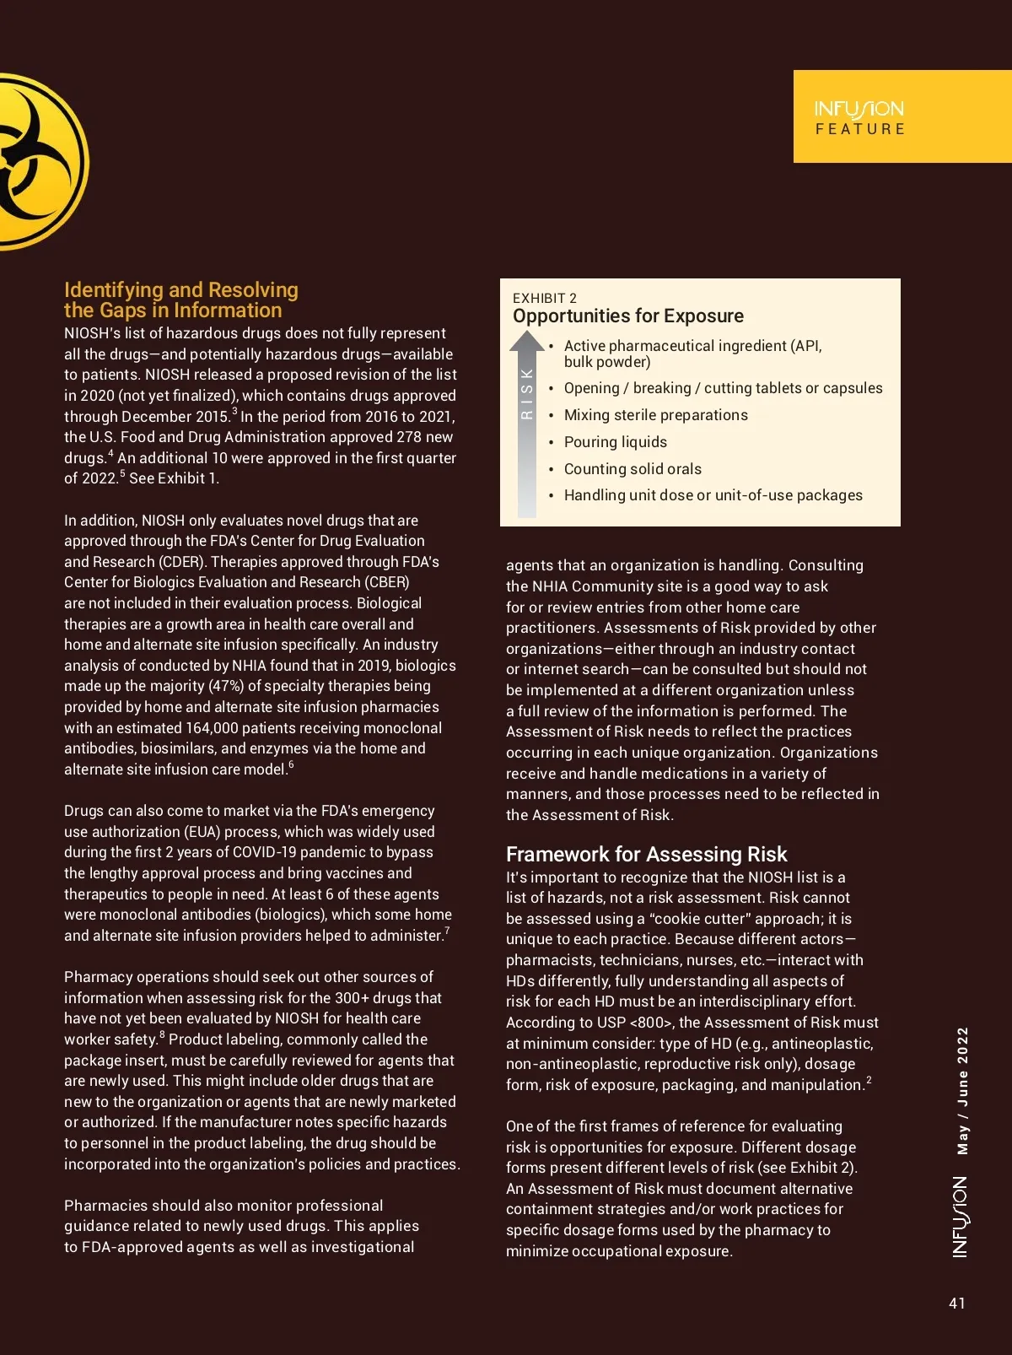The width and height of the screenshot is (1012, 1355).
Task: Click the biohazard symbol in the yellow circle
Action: [34, 161]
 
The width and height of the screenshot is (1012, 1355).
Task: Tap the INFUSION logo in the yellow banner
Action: [859, 109]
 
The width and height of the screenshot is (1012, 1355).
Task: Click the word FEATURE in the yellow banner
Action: [860, 129]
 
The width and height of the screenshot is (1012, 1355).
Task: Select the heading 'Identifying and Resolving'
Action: [181, 290]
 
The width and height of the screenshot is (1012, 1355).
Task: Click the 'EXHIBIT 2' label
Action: [545, 298]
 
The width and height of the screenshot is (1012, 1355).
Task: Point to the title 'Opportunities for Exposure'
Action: [628, 316]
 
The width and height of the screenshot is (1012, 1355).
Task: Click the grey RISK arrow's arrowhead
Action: [527, 341]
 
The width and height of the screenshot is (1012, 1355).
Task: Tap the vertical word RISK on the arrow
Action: [527, 393]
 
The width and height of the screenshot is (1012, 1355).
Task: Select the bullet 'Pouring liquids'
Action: [615, 442]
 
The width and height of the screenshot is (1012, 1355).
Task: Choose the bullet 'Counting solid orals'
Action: [632, 469]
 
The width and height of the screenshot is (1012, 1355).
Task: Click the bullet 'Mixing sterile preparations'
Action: [655, 415]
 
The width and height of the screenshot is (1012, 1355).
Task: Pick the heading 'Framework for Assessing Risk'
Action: [646, 854]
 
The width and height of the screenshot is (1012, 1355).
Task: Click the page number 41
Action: [956, 1303]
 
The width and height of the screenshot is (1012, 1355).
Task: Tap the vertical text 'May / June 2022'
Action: [963, 1090]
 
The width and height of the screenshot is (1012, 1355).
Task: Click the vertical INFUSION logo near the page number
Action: [961, 1217]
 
